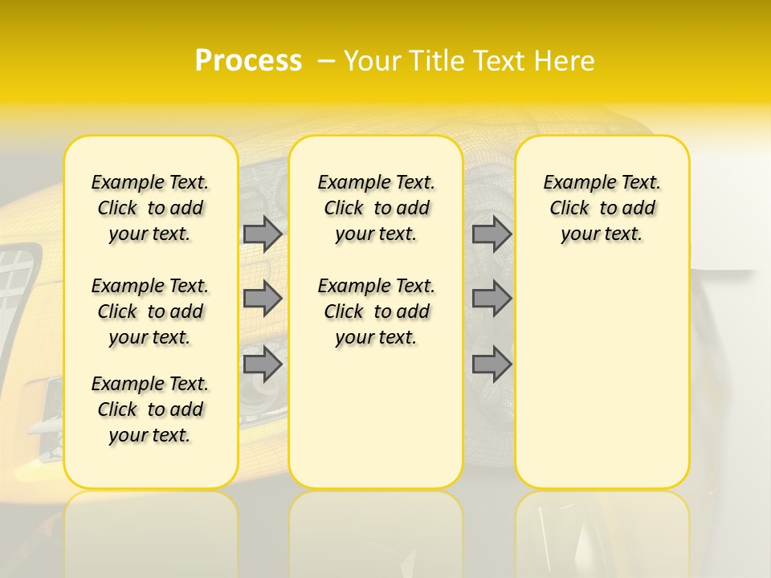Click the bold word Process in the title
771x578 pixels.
tap(248, 61)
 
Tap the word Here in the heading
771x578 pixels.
tap(565, 61)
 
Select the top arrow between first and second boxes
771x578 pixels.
tap(262, 234)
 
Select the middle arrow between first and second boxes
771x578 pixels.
tap(262, 299)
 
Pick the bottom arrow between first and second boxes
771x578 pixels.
tap(262, 364)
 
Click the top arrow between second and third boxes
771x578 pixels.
tap(492, 234)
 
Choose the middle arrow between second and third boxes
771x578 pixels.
tap(492, 299)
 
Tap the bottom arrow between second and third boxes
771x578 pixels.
tap(492, 364)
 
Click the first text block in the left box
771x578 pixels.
tap(150, 208)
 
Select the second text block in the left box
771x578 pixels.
tap(150, 311)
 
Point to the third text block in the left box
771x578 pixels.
tap(150, 409)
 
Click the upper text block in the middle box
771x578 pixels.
tap(376, 208)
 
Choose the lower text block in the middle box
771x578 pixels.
tap(376, 311)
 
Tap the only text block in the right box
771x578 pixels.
tap(602, 208)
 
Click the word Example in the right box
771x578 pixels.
tap(573, 183)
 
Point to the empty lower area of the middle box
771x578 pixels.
tap(376, 417)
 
